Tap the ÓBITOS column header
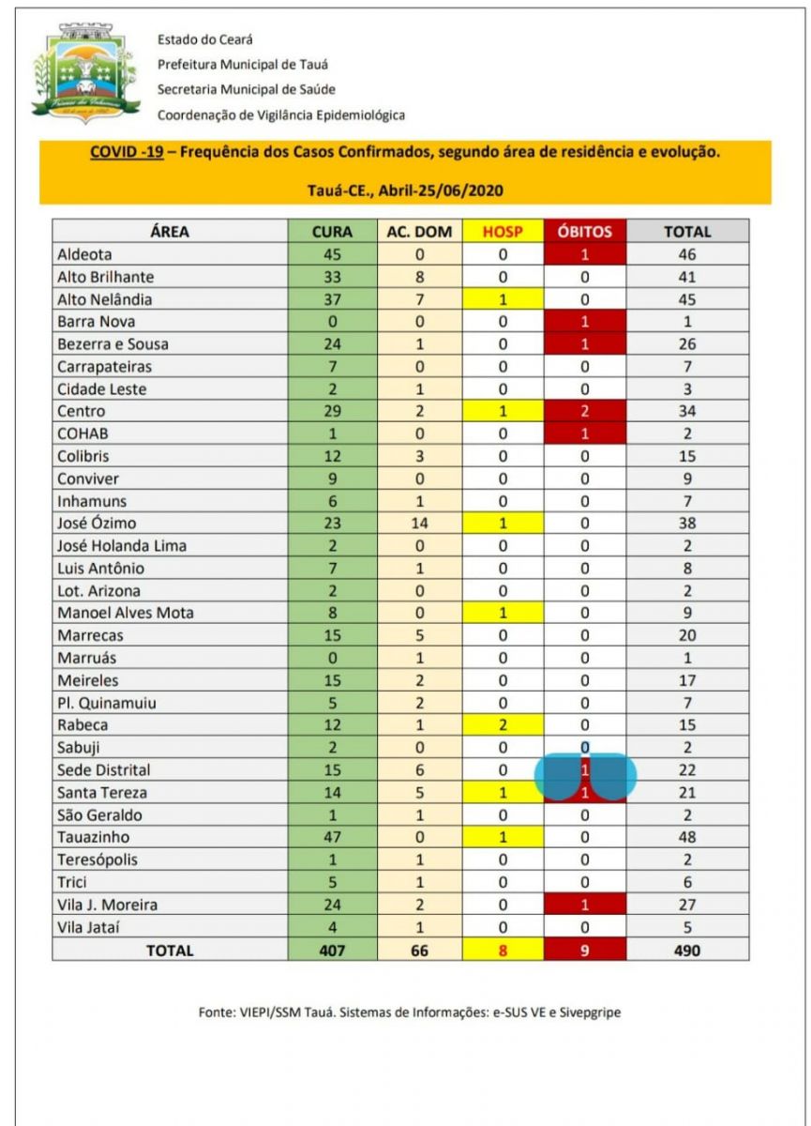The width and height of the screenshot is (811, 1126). point(585,232)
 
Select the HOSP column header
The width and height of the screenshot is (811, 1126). point(503,232)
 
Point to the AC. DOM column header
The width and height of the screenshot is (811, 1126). point(419,232)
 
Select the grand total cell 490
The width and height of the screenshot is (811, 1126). point(687,950)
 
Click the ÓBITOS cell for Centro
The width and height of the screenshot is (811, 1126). point(585,411)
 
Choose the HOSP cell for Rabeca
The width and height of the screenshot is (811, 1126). point(503,725)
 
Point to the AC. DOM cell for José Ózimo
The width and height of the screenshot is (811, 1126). point(419,523)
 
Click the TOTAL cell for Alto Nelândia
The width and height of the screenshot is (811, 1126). point(687,299)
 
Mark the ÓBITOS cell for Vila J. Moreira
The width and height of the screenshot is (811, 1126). point(585,905)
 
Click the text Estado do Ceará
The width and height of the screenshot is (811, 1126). point(205,39)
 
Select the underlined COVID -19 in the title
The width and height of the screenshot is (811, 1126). point(127,152)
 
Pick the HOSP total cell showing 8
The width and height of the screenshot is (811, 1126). point(503,950)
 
